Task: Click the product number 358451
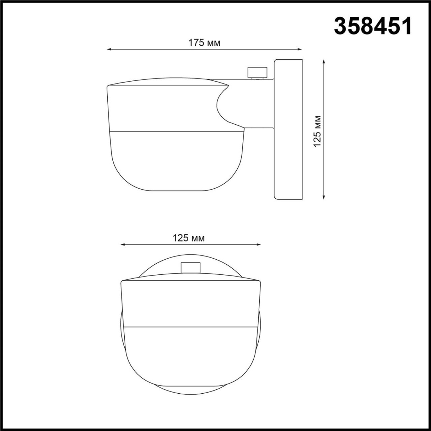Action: click(x=372, y=26)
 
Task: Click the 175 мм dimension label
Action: click(x=204, y=43)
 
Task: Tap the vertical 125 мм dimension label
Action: click(x=317, y=131)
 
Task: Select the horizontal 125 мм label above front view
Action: click(x=189, y=238)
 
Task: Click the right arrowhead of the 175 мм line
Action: click(x=300, y=50)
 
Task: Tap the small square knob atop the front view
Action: click(x=190, y=268)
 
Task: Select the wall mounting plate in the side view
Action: click(x=288, y=129)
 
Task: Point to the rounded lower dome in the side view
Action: click(x=176, y=162)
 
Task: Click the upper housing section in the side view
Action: click(x=162, y=108)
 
